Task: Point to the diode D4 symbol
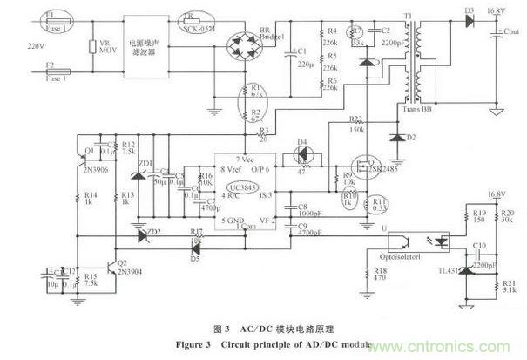coord(303,152)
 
